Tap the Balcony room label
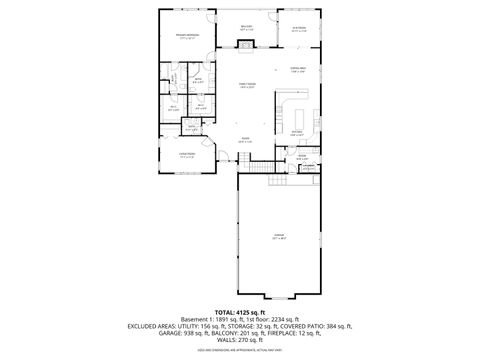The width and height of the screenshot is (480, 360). [x=246, y=28]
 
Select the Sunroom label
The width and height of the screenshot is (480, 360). [x=298, y=28]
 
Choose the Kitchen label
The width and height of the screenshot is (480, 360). [x=297, y=132]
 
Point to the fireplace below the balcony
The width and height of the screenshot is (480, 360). [x=246, y=46]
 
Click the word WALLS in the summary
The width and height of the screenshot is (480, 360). [x=225, y=341]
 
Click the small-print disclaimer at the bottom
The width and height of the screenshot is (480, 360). [x=240, y=352]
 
